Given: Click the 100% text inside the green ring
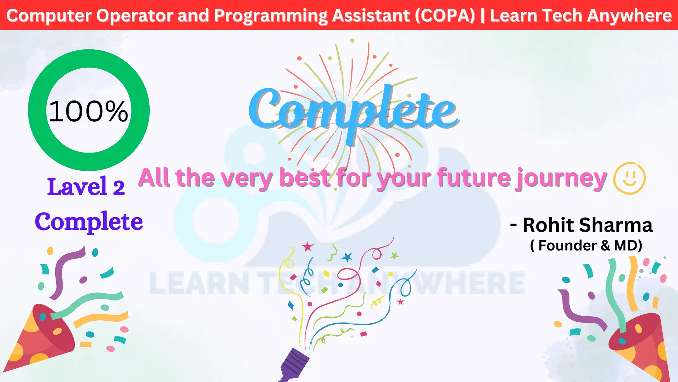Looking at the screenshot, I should click(88, 111).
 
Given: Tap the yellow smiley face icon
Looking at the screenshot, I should click(629, 178).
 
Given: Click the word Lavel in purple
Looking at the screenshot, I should click(77, 186).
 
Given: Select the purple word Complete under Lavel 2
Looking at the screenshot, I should click(89, 222).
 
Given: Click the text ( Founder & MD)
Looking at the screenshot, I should click(586, 246).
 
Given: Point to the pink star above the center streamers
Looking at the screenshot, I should click(307, 246).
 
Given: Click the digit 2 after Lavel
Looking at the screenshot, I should click(119, 188).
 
